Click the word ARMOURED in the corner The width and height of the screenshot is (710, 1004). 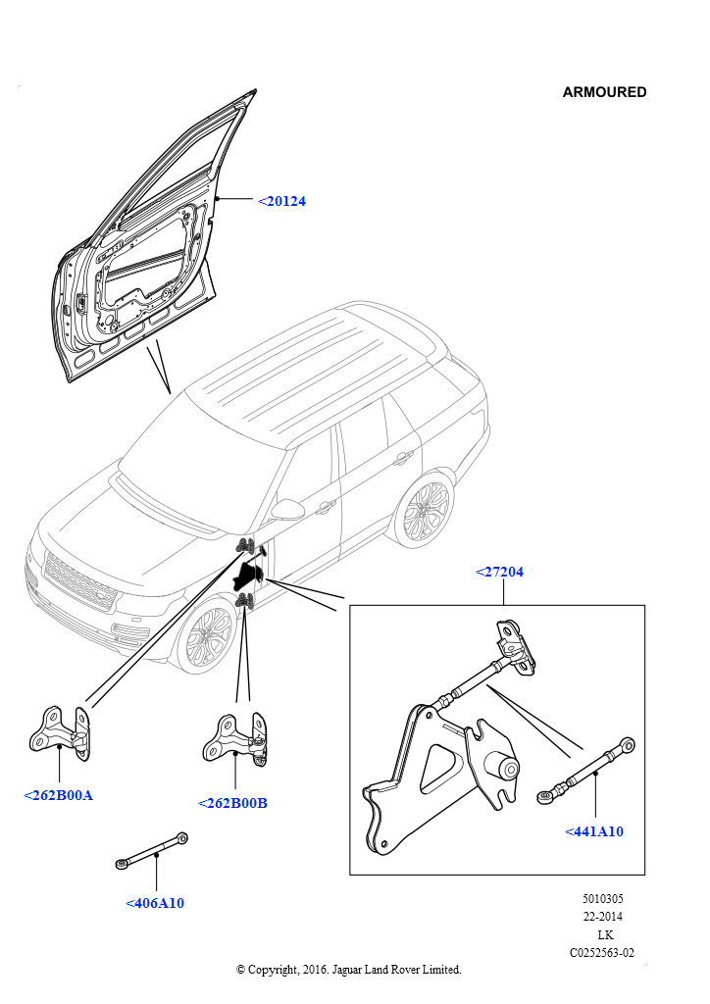tap(604, 92)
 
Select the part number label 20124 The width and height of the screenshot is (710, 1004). tap(282, 201)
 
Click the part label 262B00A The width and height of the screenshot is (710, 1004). tap(58, 795)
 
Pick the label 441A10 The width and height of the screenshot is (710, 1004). tap(594, 831)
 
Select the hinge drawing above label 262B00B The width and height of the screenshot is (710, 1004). tap(236, 739)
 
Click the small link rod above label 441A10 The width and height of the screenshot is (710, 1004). tap(586, 772)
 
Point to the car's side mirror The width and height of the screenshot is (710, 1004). tap(288, 509)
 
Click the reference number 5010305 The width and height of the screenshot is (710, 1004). tap(603, 899)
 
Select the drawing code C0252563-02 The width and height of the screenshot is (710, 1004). tap(602, 952)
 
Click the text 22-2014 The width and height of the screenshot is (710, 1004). tap(603, 917)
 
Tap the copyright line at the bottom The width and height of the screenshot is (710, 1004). tap(348, 970)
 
